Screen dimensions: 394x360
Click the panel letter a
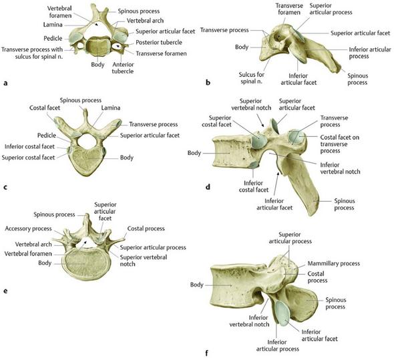[5, 83]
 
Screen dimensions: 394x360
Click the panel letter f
[206, 353]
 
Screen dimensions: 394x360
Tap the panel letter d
[208, 187]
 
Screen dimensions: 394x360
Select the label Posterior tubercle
[159, 43]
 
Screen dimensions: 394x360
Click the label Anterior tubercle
[123, 68]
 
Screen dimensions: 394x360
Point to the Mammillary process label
[334, 263]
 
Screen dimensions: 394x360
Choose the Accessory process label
[28, 228]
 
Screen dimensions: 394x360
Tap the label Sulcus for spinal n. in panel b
[252, 78]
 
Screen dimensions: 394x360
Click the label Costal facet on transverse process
[339, 144]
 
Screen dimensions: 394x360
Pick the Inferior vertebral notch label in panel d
[340, 168]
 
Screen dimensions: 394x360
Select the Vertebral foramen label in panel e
[28, 254]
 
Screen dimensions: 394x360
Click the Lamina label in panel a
[53, 25]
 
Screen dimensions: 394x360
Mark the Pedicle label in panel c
[47, 136]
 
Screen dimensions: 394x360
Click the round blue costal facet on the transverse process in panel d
[297, 137]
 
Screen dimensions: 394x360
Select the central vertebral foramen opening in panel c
[87, 141]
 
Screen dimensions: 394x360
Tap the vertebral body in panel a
[97, 46]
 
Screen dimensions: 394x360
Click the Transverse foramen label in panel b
[289, 9]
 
